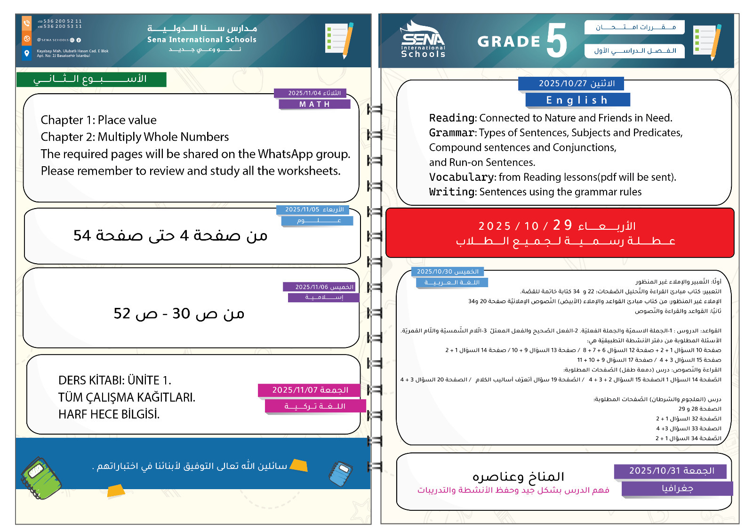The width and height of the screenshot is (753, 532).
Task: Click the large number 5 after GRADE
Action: click(x=557, y=41)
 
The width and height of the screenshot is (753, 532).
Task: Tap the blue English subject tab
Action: click(x=577, y=100)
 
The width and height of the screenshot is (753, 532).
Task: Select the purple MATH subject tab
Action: click(x=314, y=104)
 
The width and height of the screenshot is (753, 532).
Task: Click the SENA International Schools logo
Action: click(x=423, y=40)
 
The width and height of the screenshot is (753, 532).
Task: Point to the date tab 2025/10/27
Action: click(x=570, y=83)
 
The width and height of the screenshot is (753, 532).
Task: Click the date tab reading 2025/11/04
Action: click(x=311, y=93)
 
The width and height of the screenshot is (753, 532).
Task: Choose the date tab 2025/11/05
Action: click(x=314, y=210)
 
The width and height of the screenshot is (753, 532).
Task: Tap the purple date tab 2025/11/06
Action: click(x=320, y=287)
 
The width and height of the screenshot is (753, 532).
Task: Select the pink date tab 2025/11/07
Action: click(x=310, y=390)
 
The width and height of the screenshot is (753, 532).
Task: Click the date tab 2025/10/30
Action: click(x=448, y=272)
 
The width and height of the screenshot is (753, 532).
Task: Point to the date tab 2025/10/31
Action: click(x=670, y=471)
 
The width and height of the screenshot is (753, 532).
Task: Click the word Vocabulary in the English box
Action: click(x=461, y=177)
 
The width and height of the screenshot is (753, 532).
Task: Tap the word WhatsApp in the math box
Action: click(x=285, y=154)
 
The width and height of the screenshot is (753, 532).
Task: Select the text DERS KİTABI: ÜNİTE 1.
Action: click(x=115, y=380)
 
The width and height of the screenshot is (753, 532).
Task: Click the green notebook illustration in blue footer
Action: click(x=41, y=478)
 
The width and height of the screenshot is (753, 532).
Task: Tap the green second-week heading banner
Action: click(x=91, y=79)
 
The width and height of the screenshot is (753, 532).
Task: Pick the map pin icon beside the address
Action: click(x=27, y=53)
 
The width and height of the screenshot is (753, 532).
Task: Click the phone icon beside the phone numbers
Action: click(x=27, y=23)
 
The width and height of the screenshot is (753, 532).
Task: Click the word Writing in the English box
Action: click(x=452, y=192)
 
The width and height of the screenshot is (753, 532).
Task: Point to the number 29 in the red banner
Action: click(x=562, y=225)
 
